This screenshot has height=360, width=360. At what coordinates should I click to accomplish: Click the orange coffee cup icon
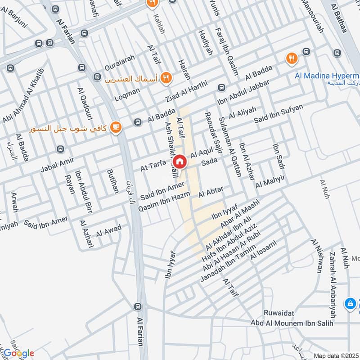pos(116,128)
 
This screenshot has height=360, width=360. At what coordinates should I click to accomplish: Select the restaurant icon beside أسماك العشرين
pos(166,78)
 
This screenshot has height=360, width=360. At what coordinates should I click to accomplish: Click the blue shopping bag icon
pos(349,304)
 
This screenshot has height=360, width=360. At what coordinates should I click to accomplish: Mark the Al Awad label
pos(108,231)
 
